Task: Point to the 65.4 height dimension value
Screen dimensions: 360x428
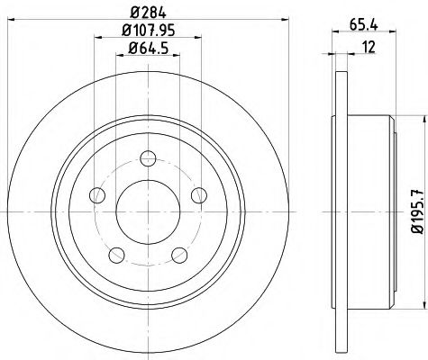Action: (x=364, y=28)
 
